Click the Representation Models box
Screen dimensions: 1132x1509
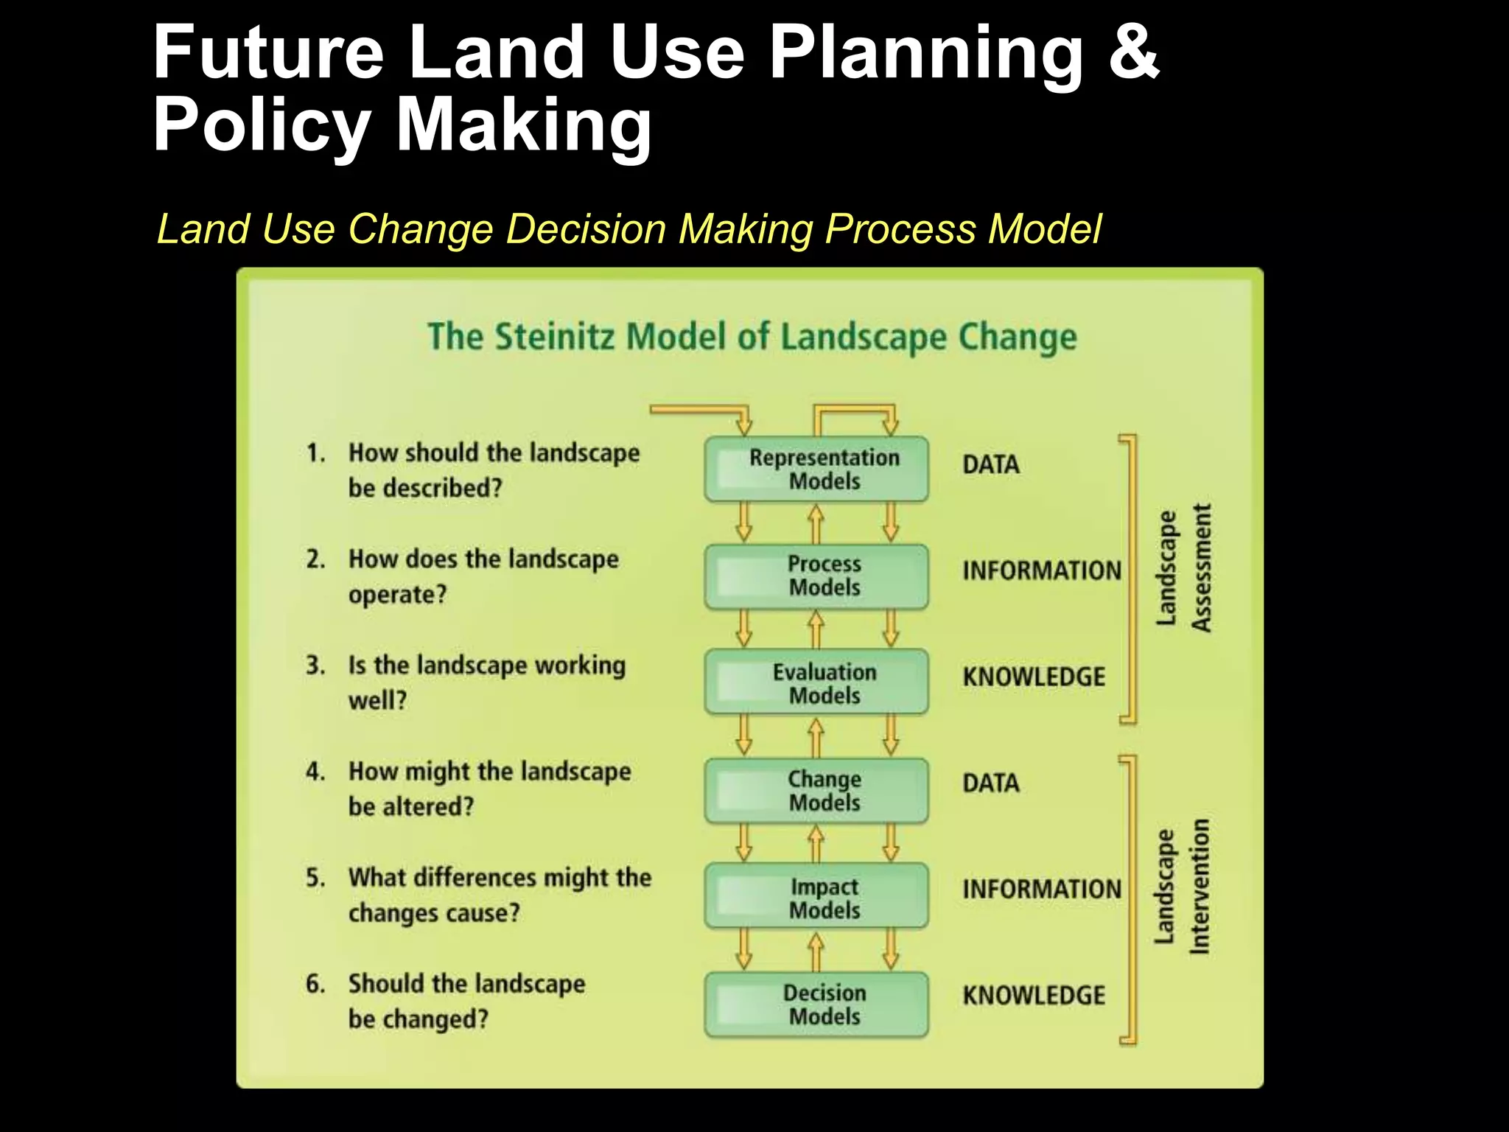pos(816,469)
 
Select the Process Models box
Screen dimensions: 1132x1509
pos(816,576)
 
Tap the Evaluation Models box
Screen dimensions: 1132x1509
pos(816,682)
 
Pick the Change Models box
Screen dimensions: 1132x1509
pos(816,791)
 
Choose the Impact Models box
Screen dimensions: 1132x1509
pos(816,897)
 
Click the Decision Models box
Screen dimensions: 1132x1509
pos(816,1005)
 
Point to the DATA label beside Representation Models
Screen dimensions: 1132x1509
pos(991,465)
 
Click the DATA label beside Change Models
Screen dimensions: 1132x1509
pos(991,783)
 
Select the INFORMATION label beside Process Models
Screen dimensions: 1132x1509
pos(1042,571)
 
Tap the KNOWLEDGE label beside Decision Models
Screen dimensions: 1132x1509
pos(1034,996)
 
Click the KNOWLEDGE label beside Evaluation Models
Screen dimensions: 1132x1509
pos(1034,677)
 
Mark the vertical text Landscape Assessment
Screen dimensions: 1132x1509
pos(1183,567)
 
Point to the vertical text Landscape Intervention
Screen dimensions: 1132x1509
pos(1182,886)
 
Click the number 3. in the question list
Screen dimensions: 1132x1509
pos(315,665)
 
